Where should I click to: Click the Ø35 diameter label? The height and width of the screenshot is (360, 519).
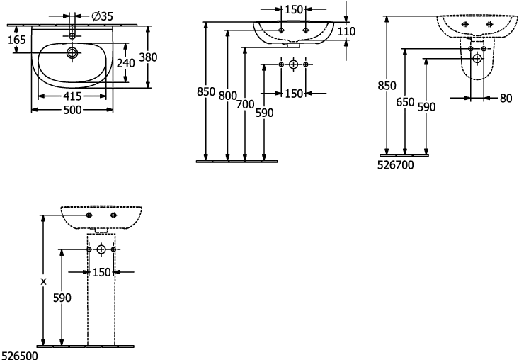[102, 16]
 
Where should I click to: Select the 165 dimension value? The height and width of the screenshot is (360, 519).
[16, 40]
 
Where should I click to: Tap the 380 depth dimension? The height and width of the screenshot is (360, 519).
[148, 57]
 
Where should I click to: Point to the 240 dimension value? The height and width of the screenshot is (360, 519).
[126, 63]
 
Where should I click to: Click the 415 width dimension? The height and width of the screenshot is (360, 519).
[72, 96]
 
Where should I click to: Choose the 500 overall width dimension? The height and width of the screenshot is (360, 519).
[72, 110]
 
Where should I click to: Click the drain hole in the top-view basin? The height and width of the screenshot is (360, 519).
[72, 52]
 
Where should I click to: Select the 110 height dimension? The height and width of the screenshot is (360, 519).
[346, 31]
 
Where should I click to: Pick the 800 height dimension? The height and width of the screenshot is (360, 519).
[227, 96]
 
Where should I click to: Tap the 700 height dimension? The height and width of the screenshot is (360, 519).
[245, 105]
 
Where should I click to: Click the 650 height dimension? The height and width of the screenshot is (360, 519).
[405, 102]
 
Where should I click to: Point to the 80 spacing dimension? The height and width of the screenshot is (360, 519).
[506, 99]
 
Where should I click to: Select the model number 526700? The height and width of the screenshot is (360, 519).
[396, 165]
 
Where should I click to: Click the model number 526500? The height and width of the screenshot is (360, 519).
[20, 356]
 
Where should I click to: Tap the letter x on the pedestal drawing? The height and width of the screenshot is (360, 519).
[43, 281]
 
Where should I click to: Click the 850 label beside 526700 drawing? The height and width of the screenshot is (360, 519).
[387, 86]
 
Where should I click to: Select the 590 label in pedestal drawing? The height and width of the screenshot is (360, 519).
[62, 298]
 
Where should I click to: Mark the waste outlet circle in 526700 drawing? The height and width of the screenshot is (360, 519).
[477, 59]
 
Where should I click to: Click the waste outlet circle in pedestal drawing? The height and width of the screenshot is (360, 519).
[101, 249]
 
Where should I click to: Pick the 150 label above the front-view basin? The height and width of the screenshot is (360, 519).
[294, 10]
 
